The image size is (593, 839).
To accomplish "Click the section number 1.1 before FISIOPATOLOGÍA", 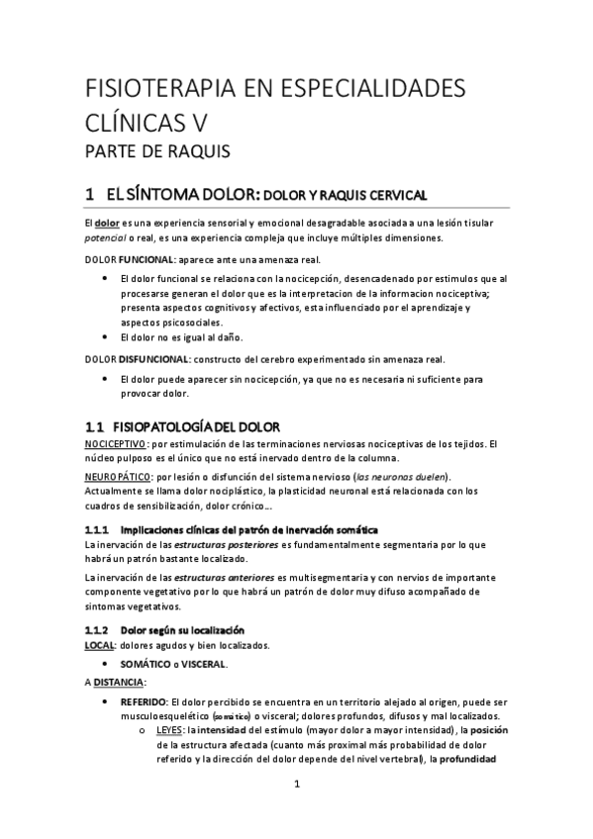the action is click(x=95, y=427).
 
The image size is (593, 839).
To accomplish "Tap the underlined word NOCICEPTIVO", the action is click(x=116, y=444).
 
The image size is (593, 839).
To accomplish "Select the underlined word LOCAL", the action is click(x=101, y=645).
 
